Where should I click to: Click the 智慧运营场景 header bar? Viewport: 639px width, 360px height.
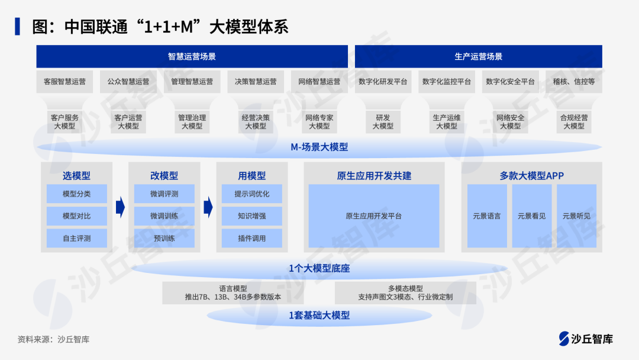pyautogui.click(x=192, y=57)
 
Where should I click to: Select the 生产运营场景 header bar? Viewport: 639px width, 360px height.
pyautogui.click(x=478, y=57)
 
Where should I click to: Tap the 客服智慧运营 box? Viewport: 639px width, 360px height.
pyautogui.click(x=64, y=82)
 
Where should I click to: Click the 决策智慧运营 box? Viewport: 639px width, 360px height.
pyautogui.click(x=256, y=82)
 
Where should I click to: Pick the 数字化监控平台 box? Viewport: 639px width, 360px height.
pyautogui.click(x=447, y=82)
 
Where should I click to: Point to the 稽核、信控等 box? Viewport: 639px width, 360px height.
pyautogui.click(x=574, y=82)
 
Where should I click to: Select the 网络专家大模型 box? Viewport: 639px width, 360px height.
pyautogui.click(x=319, y=121)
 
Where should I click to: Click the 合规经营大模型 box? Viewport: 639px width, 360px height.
pyautogui.click(x=574, y=121)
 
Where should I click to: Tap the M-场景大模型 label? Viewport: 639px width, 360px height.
pyautogui.click(x=319, y=147)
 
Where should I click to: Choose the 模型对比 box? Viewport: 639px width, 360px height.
pyautogui.click(x=77, y=216)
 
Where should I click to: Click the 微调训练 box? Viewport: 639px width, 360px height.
pyautogui.click(x=164, y=216)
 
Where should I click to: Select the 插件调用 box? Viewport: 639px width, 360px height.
pyautogui.click(x=251, y=239)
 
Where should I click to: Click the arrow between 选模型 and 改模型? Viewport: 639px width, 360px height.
pyautogui.click(x=120, y=207)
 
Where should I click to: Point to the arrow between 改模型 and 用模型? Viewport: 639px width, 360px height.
pyautogui.click(x=208, y=207)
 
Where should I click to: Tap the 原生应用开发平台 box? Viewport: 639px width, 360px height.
pyautogui.click(x=373, y=216)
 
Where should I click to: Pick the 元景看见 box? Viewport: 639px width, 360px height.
pyautogui.click(x=531, y=216)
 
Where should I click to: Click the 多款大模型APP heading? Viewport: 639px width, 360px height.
pyautogui.click(x=531, y=176)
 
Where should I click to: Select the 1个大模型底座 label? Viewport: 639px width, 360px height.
pyautogui.click(x=319, y=268)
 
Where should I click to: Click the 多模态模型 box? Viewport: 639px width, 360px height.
pyautogui.click(x=405, y=292)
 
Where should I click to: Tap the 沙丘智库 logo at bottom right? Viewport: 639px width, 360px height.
pyautogui.click(x=586, y=339)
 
